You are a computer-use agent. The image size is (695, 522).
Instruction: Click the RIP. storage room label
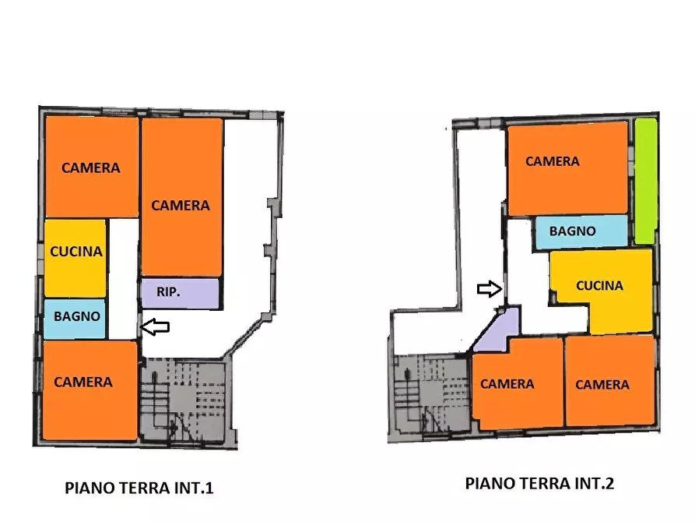tap(169, 293)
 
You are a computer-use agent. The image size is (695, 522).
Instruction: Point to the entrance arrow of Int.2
tap(490, 289)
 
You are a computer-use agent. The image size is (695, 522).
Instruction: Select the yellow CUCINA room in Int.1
tap(75, 252)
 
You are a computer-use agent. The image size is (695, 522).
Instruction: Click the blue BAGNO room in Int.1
tap(75, 318)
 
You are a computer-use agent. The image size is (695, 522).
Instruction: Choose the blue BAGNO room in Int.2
tap(574, 231)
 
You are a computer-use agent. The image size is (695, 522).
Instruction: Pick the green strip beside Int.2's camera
tap(644, 182)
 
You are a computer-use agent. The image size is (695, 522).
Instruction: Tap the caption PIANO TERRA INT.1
tap(139, 488)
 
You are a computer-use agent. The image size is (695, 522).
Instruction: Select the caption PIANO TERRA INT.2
tap(539, 483)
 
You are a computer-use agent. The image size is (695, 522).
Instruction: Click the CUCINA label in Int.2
tap(599, 286)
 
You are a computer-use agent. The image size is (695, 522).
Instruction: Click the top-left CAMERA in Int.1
tap(91, 167)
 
